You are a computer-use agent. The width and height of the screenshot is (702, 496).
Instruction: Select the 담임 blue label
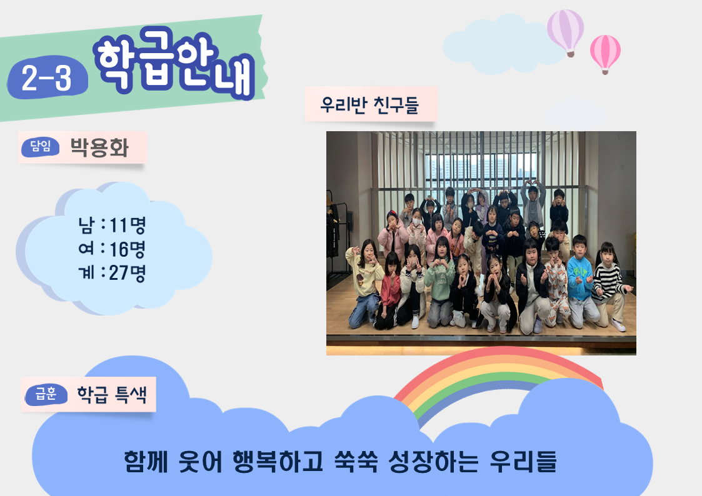click(x=40, y=146)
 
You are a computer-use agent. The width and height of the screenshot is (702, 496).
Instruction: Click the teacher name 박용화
click(x=99, y=147)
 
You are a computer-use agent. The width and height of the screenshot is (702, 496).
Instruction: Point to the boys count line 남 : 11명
click(x=113, y=225)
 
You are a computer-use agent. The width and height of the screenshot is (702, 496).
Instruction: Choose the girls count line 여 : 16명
click(x=113, y=249)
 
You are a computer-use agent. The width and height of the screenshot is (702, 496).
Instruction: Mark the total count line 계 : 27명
click(x=113, y=273)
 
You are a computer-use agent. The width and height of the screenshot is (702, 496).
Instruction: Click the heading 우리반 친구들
click(x=369, y=105)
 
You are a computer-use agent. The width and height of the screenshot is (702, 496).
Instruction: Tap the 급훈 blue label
click(x=46, y=394)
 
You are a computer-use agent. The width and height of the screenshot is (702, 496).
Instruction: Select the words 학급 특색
click(x=112, y=394)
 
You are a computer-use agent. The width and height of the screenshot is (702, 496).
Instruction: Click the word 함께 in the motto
click(x=146, y=462)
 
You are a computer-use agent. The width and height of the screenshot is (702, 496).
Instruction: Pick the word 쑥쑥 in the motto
click(x=356, y=462)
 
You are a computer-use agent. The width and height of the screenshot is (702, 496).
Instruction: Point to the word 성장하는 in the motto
click(x=433, y=462)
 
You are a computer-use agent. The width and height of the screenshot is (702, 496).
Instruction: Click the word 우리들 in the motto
click(x=523, y=462)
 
